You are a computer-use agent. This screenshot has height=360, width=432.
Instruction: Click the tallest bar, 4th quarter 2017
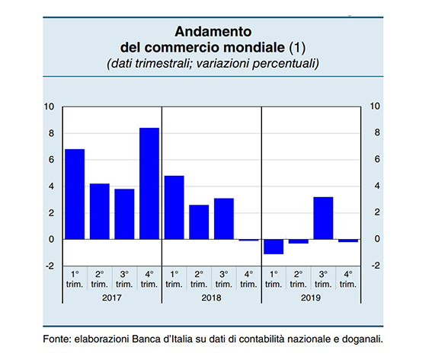[149, 183]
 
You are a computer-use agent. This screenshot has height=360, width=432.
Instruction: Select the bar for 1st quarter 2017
[75, 194]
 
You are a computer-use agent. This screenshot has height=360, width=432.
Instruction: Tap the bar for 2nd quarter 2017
[100, 212]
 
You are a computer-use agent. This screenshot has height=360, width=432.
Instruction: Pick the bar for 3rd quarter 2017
[124, 214]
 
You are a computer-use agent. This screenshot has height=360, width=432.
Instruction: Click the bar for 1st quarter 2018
[174, 208]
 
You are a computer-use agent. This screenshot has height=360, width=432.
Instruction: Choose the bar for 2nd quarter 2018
[199, 222]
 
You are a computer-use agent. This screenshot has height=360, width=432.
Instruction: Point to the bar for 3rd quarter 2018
[224, 218]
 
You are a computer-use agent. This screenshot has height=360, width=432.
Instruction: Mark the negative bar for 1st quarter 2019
[274, 247]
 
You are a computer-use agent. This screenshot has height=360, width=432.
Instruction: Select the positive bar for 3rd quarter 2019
[324, 218]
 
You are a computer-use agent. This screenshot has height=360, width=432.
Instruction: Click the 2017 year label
[112, 298]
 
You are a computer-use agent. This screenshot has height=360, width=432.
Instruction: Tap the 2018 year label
[211, 298]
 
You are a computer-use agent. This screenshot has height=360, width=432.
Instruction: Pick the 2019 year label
[311, 298]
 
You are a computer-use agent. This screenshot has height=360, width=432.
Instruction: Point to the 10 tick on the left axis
[50, 107]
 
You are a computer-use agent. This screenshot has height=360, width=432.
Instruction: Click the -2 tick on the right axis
[376, 266]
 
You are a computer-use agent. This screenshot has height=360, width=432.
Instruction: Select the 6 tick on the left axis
[51, 160]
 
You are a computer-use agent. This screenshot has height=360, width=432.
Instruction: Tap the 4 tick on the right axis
[377, 186]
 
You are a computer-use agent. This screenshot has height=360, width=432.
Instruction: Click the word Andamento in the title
[213, 31]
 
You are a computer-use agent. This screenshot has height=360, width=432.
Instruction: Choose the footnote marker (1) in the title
[297, 47]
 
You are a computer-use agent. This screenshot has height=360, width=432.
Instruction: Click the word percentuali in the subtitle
[286, 64]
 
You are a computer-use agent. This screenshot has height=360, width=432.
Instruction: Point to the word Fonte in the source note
[57, 339]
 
